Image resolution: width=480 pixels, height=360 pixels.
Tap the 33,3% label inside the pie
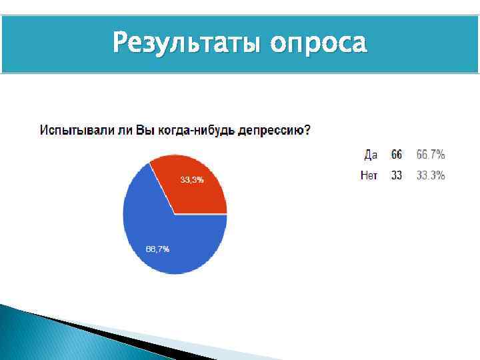click(192, 180)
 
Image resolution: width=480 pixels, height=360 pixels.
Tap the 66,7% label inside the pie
click(157, 249)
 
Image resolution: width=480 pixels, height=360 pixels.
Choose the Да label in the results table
click(371, 155)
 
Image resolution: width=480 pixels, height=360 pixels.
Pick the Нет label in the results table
click(369, 175)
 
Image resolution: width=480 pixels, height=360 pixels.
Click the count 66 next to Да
click(397, 155)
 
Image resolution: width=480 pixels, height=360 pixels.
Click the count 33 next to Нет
click(397, 175)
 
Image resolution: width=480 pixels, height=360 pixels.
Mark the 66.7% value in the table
click(431, 155)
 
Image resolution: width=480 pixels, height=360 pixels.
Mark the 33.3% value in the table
click(431, 175)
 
